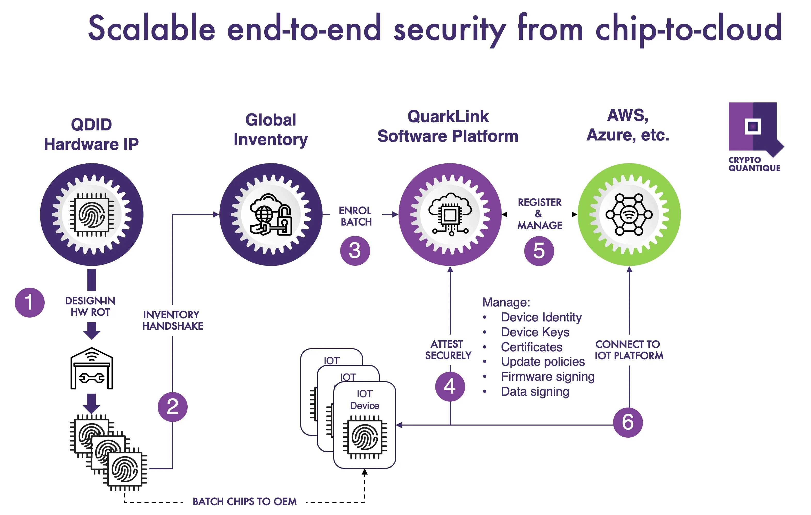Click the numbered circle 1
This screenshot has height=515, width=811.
tap(30, 302)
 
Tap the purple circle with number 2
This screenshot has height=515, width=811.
tap(172, 407)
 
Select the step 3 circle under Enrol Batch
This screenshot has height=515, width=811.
tap(355, 251)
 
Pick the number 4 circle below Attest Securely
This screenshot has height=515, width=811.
tap(450, 386)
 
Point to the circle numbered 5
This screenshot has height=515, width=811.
tap(539, 251)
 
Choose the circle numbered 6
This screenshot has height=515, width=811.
tap(628, 422)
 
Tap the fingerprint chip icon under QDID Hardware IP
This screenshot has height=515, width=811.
tap(92, 215)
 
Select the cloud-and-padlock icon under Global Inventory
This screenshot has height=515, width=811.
tap(271, 215)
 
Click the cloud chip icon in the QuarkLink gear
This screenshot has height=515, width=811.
tap(450, 215)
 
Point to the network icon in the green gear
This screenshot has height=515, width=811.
tap(629, 215)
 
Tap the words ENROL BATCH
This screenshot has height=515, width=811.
tap(356, 216)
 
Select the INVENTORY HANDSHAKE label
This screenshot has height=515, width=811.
tap(172, 320)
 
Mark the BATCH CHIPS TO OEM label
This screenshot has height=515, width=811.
tap(244, 502)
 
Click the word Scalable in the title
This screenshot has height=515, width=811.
tap(152, 29)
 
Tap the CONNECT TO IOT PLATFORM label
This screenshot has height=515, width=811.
tap(629, 350)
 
